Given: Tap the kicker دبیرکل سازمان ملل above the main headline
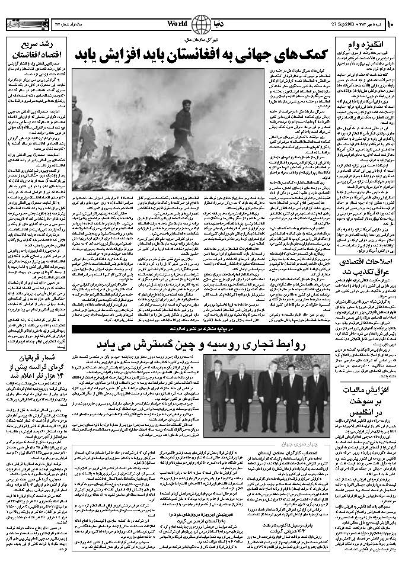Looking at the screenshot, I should (x=202, y=39).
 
